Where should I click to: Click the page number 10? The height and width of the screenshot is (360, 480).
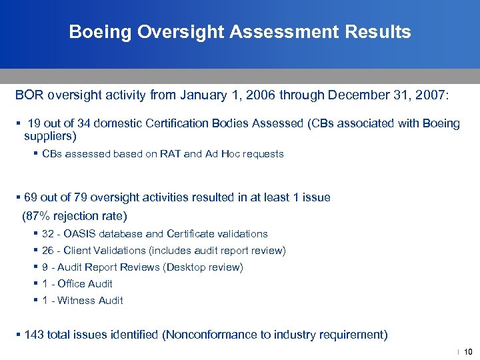click(x=467, y=351)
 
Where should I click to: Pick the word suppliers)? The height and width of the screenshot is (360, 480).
click(x=51, y=137)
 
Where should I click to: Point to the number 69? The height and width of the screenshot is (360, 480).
click(x=31, y=197)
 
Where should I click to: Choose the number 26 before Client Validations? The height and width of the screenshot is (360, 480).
click(x=48, y=251)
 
